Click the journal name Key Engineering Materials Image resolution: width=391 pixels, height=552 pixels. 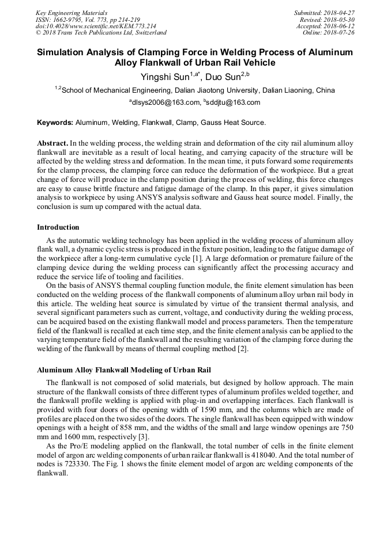click(72, 13)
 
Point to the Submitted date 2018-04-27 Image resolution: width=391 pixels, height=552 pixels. click(339, 13)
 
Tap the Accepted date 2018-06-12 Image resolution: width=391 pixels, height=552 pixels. click(339, 26)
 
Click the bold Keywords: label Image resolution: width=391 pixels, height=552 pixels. click(55, 123)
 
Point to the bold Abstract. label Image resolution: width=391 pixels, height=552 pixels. click(52, 142)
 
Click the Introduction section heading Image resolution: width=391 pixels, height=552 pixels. click(58, 227)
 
